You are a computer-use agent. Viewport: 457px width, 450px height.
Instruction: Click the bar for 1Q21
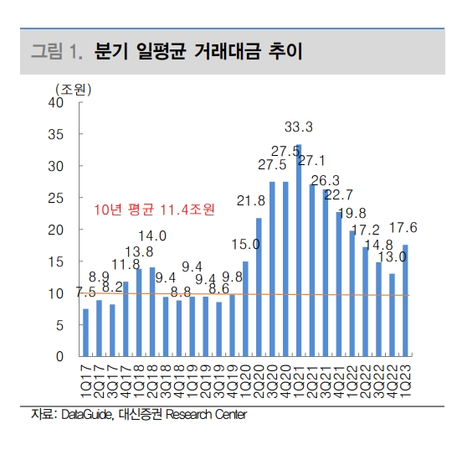(300, 251)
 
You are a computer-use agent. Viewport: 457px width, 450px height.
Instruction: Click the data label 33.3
(299, 127)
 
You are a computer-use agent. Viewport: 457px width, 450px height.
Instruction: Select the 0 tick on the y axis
(60, 357)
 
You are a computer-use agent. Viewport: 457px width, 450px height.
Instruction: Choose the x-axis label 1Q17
(86, 382)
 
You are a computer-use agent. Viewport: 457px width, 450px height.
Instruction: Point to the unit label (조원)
(74, 88)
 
